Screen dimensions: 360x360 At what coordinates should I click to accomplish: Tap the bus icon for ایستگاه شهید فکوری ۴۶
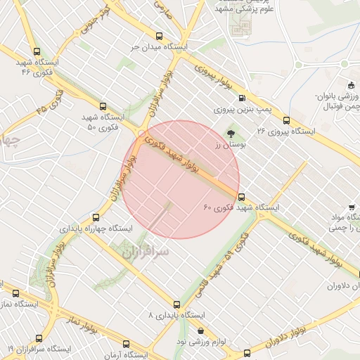[x=37, y=51]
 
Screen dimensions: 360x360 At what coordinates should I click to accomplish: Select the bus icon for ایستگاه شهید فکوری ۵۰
[x=103, y=105]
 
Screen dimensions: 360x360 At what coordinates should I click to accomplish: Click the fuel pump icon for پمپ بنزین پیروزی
[x=242, y=98]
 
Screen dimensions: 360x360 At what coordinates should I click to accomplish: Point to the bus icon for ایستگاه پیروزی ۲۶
[x=285, y=120]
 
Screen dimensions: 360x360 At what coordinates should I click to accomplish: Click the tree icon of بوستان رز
[x=231, y=132]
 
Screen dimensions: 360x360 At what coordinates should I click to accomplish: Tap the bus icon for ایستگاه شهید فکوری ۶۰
[x=242, y=197]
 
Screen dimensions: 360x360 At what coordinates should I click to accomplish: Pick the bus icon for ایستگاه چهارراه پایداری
[x=96, y=217]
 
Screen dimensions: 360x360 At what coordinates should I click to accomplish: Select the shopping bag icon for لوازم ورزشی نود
[x=202, y=330]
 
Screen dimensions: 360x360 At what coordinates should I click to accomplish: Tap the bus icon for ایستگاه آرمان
[x=126, y=345]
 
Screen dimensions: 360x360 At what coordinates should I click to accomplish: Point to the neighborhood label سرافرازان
[x=145, y=251]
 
